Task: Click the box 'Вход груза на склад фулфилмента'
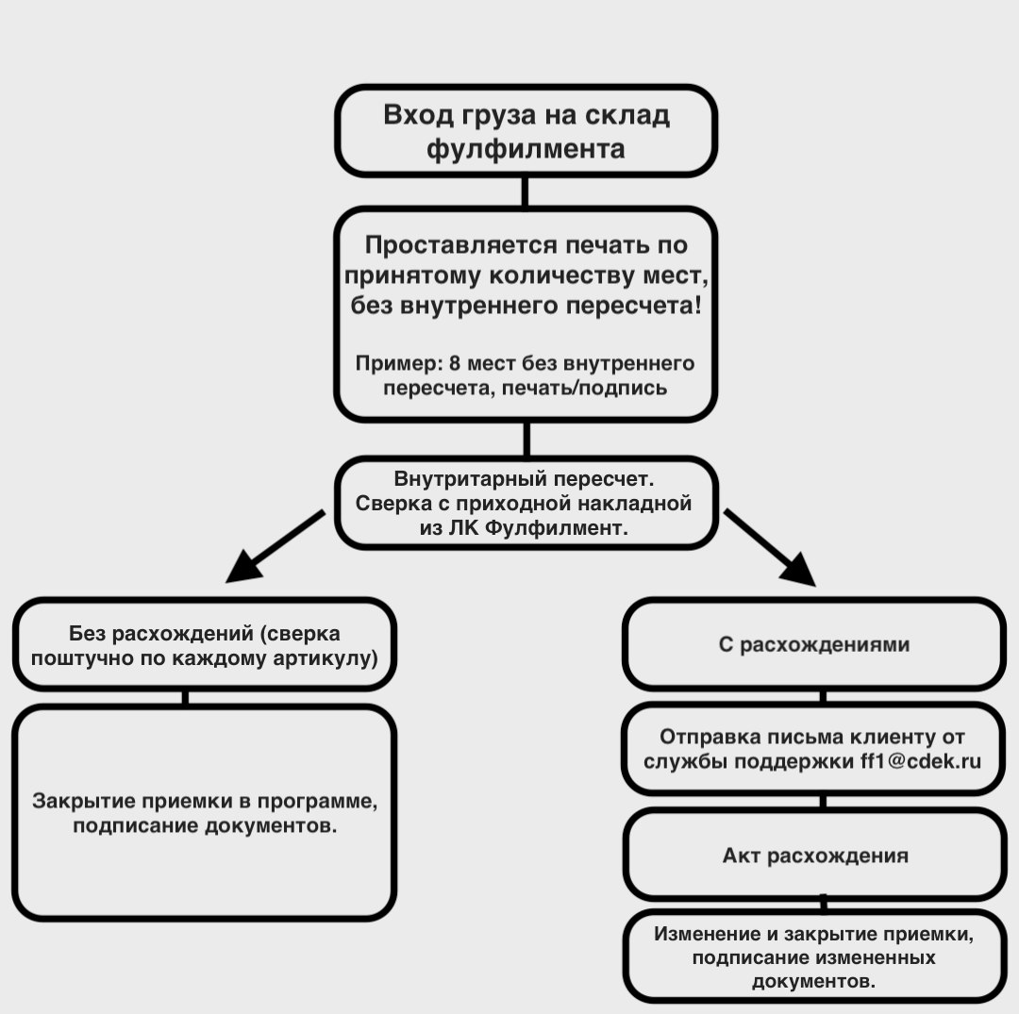click(526, 131)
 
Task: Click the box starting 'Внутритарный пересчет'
click(526, 503)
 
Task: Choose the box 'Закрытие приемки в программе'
click(204, 812)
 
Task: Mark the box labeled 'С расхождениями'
click(814, 645)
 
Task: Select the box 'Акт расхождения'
click(814, 856)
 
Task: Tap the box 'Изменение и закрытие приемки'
click(814, 956)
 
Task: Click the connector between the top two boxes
click(525, 191)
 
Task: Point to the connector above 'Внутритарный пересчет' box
click(526, 440)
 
